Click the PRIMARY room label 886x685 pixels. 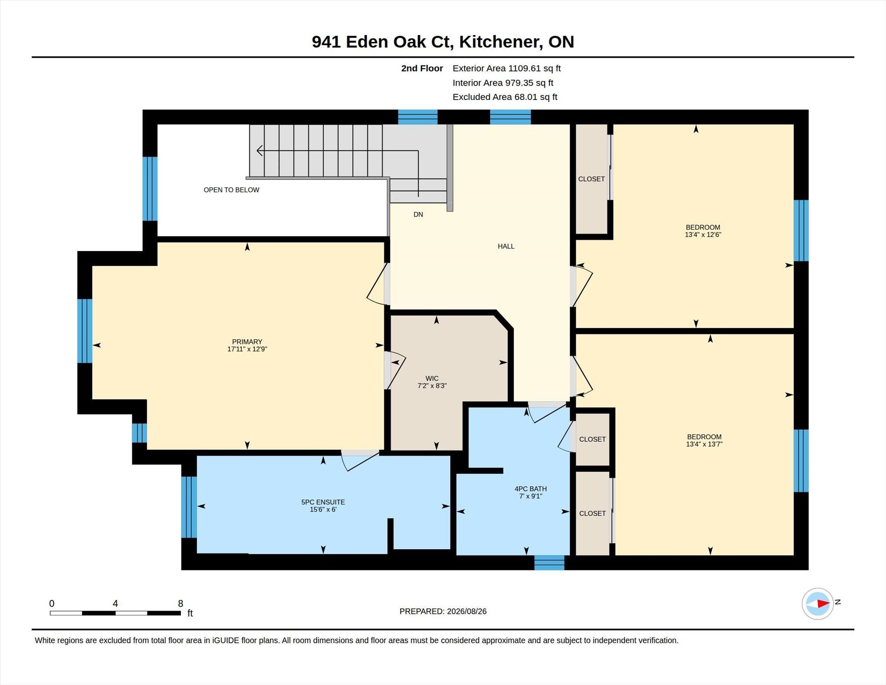coord(247,341)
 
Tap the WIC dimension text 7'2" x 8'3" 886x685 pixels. coord(432,386)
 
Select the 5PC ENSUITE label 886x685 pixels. coord(323,502)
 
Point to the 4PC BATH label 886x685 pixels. coord(530,489)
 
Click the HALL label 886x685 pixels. coord(506,246)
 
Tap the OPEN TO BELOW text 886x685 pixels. coord(231,190)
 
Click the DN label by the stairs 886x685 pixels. coord(418,214)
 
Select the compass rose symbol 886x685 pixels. coord(818,604)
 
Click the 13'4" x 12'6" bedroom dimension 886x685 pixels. coord(703,235)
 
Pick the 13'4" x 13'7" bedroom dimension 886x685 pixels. coord(704,444)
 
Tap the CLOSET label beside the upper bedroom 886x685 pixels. coord(591,179)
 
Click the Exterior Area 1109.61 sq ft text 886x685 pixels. coord(507,68)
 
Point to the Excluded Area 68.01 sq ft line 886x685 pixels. coord(505,97)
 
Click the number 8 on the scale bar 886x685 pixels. coord(180,603)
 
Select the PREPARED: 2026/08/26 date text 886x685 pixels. coord(443,611)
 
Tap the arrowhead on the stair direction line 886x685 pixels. coord(260,151)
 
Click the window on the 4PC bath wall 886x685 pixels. coord(549,563)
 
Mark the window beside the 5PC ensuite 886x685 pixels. coord(189,507)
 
